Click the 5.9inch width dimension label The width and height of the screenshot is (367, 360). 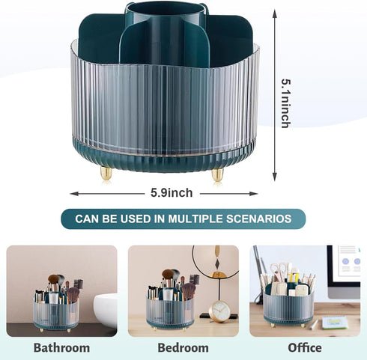(x=172, y=193)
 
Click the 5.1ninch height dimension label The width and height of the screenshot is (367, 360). (x=286, y=103)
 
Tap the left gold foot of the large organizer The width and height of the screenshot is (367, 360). (x=106, y=173)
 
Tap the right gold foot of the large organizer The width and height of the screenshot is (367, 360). (x=217, y=175)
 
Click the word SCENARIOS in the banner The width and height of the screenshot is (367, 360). (x=258, y=219)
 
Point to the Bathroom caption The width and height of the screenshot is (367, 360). (x=61, y=348)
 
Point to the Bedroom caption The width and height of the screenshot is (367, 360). (x=183, y=348)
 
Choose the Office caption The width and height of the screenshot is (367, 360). (x=305, y=348)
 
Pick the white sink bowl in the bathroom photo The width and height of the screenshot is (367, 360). (x=106, y=308)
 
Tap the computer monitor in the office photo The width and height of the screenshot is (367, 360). (x=344, y=272)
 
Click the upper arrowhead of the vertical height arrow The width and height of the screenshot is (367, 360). (x=275, y=13)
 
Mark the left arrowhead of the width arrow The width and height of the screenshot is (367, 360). (x=74, y=194)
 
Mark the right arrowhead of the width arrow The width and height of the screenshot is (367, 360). (x=253, y=194)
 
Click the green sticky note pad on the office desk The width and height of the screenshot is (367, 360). (x=334, y=323)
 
